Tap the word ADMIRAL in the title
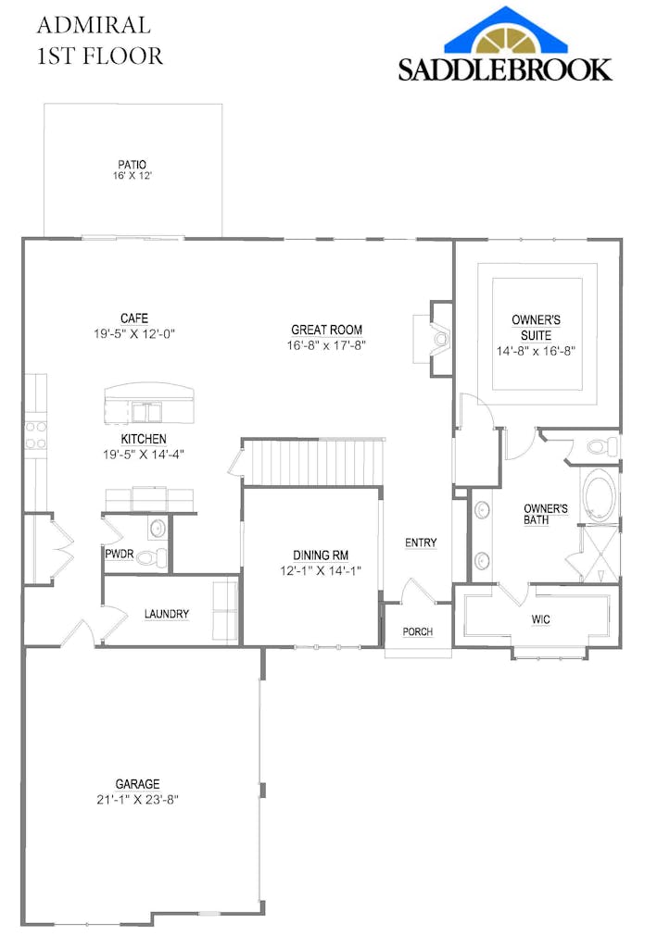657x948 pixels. click(94, 25)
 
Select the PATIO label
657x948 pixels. click(132, 165)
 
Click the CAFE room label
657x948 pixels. click(133, 318)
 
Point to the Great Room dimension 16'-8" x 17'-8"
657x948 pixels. click(326, 345)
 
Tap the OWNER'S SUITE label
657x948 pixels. click(536, 327)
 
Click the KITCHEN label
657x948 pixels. click(144, 439)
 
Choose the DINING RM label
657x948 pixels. click(321, 555)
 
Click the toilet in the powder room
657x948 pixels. click(158, 557)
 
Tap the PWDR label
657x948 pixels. click(118, 554)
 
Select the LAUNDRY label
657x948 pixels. click(167, 614)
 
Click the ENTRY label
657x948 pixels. click(421, 543)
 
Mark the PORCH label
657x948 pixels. click(418, 632)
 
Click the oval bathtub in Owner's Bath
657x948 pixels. click(598, 496)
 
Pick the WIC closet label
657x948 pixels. click(540, 619)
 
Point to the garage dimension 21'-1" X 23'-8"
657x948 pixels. click(137, 799)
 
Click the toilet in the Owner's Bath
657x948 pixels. click(602, 447)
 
